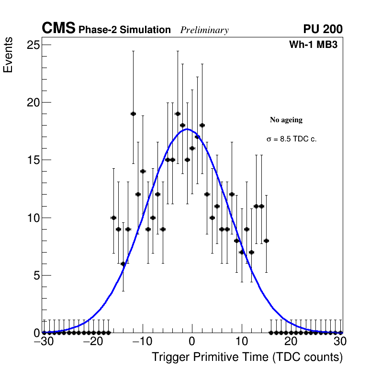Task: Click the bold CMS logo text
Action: click(x=58, y=29)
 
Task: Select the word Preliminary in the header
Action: click(x=204, y=30)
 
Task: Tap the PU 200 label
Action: click(x=323, y=29)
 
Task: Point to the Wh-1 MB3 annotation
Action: click(x=314, y=45)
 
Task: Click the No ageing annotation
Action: click(x=286, y=120)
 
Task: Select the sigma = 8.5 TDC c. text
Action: click(x=291, y=139)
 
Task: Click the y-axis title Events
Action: click(x=8, y=56)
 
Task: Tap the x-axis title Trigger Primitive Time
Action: click(x=247, y=357)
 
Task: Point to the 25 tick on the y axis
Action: click(x=33, y=45)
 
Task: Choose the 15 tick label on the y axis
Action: click(x=33, y=160)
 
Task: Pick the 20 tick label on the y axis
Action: click(x=33, y=103)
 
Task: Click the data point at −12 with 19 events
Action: click(x=133, y=114)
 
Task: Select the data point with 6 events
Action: click(x=123, y=264)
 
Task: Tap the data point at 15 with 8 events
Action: click(x=266, y=241)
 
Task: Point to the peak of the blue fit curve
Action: click(x=188, y=129)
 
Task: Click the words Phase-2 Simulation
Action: click(x=124, y=30)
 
